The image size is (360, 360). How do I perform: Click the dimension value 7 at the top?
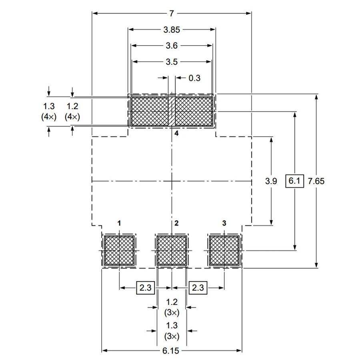[172, 14]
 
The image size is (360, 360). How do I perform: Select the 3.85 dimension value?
[172, 30]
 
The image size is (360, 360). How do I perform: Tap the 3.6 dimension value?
[172, 46]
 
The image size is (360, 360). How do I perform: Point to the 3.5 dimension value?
[172, 62]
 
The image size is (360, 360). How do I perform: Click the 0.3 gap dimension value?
[194, 78]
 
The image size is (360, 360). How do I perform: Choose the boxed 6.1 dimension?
[294, 181]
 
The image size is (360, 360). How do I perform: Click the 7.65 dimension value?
[316, 181]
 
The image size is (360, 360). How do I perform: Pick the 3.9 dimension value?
[271, 181]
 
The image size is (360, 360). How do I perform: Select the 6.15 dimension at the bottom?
[171, 350]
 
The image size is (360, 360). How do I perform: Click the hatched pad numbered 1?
[119, 250]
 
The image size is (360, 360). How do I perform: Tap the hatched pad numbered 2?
[172, 250]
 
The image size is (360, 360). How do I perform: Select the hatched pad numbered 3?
[224, 250]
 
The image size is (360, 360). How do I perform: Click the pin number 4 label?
[176, 133]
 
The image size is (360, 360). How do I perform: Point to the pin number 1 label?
[119, 223]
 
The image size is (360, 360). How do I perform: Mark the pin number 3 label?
[224, 223]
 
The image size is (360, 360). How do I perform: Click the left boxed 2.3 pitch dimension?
[146, 288]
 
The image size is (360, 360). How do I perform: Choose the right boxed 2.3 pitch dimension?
[198, 288]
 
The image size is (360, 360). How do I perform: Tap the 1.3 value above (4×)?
[49, 106]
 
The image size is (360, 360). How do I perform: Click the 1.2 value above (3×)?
[172, 302]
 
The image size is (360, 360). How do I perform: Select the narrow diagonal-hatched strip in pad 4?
[172, 112]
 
